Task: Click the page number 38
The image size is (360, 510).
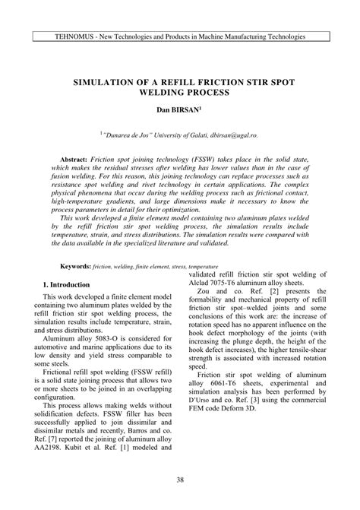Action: point(180,480)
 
